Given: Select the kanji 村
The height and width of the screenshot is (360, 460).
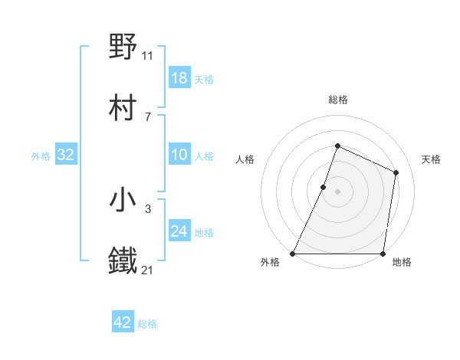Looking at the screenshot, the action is coord(123,106).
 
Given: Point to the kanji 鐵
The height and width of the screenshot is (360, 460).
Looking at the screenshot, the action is coord(123,261).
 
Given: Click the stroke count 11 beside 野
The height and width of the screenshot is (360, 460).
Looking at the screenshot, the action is coord(148,55).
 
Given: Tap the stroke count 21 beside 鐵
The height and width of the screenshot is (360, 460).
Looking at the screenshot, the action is coord(148,270).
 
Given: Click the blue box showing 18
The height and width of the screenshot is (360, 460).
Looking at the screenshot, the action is coord(179,78).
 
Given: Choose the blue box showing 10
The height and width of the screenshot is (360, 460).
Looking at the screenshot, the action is coord(179,155).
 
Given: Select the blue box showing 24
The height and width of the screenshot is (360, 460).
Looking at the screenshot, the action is coord(179,231).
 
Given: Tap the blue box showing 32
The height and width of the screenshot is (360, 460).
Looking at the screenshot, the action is coord(66,155).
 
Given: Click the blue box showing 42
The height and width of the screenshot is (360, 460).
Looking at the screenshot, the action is coord(123,322).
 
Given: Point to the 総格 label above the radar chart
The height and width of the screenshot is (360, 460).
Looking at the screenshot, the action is coord(338,100).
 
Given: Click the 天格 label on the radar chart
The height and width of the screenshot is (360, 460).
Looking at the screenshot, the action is coord(431,159).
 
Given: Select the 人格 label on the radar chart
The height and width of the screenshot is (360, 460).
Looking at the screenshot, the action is coord(245,159).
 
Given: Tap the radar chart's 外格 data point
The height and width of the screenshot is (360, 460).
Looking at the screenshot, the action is coord(293,254).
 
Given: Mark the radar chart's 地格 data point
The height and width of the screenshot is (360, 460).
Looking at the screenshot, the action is coord(383,254).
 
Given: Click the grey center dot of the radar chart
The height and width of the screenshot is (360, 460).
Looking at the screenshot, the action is coord(338,191).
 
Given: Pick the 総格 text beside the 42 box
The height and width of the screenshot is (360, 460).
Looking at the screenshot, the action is coord(147,324).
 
